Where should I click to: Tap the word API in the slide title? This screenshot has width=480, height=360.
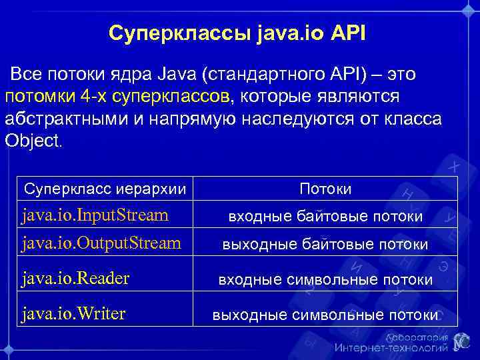[345, 33]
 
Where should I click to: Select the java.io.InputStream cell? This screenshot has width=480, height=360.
[95, 215]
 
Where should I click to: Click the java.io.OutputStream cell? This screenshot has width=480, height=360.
[101, 243]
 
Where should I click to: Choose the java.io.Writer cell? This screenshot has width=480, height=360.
[73, 313]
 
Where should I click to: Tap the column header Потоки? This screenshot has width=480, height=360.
[325, 189]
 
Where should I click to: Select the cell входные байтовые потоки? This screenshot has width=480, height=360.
[325, 217]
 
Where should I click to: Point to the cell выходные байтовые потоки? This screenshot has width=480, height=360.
[325, 245]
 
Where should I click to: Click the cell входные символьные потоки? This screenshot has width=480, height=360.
[325, 280]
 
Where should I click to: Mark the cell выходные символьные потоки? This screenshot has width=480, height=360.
[325, 315]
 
